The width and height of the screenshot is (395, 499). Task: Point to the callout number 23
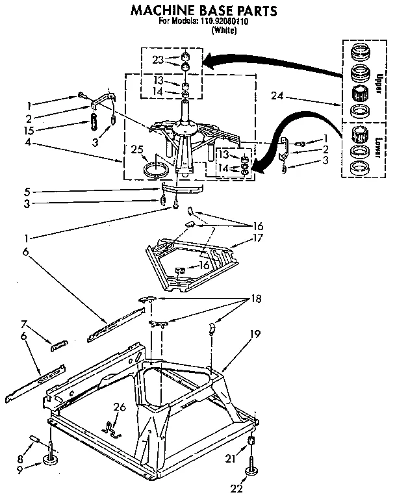click(157, 60)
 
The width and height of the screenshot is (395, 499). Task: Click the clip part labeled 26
click(112, 428)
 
